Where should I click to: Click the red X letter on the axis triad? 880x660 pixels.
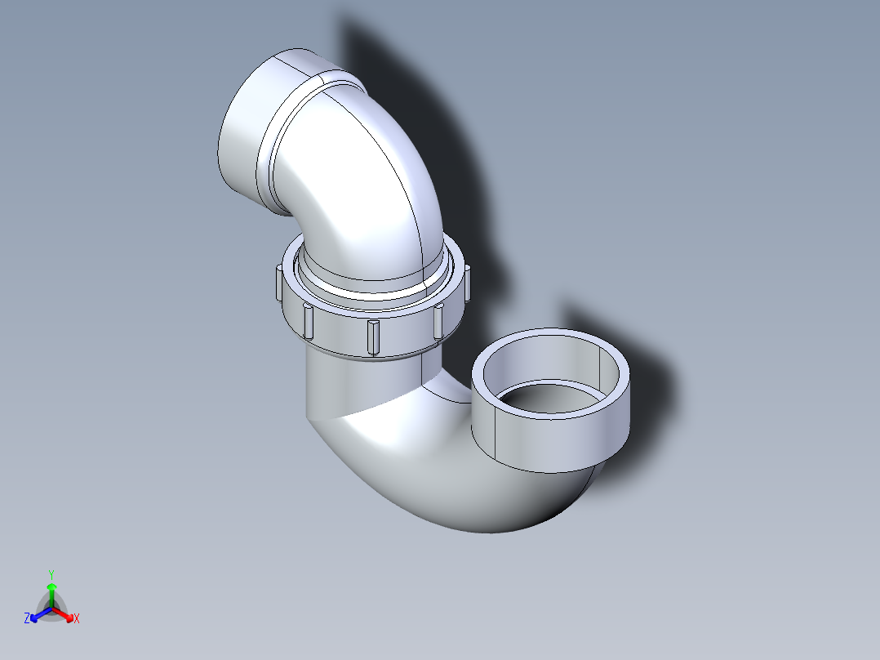[x=77, y=618]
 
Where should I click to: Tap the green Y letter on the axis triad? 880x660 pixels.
[x=51, y=573]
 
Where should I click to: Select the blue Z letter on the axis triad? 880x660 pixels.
[x=27, y=618]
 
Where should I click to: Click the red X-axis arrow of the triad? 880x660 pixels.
[x=67, y=615]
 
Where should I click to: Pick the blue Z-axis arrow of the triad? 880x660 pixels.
[x=37, y=616]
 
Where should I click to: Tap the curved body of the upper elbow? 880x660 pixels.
[x=367, y=188]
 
